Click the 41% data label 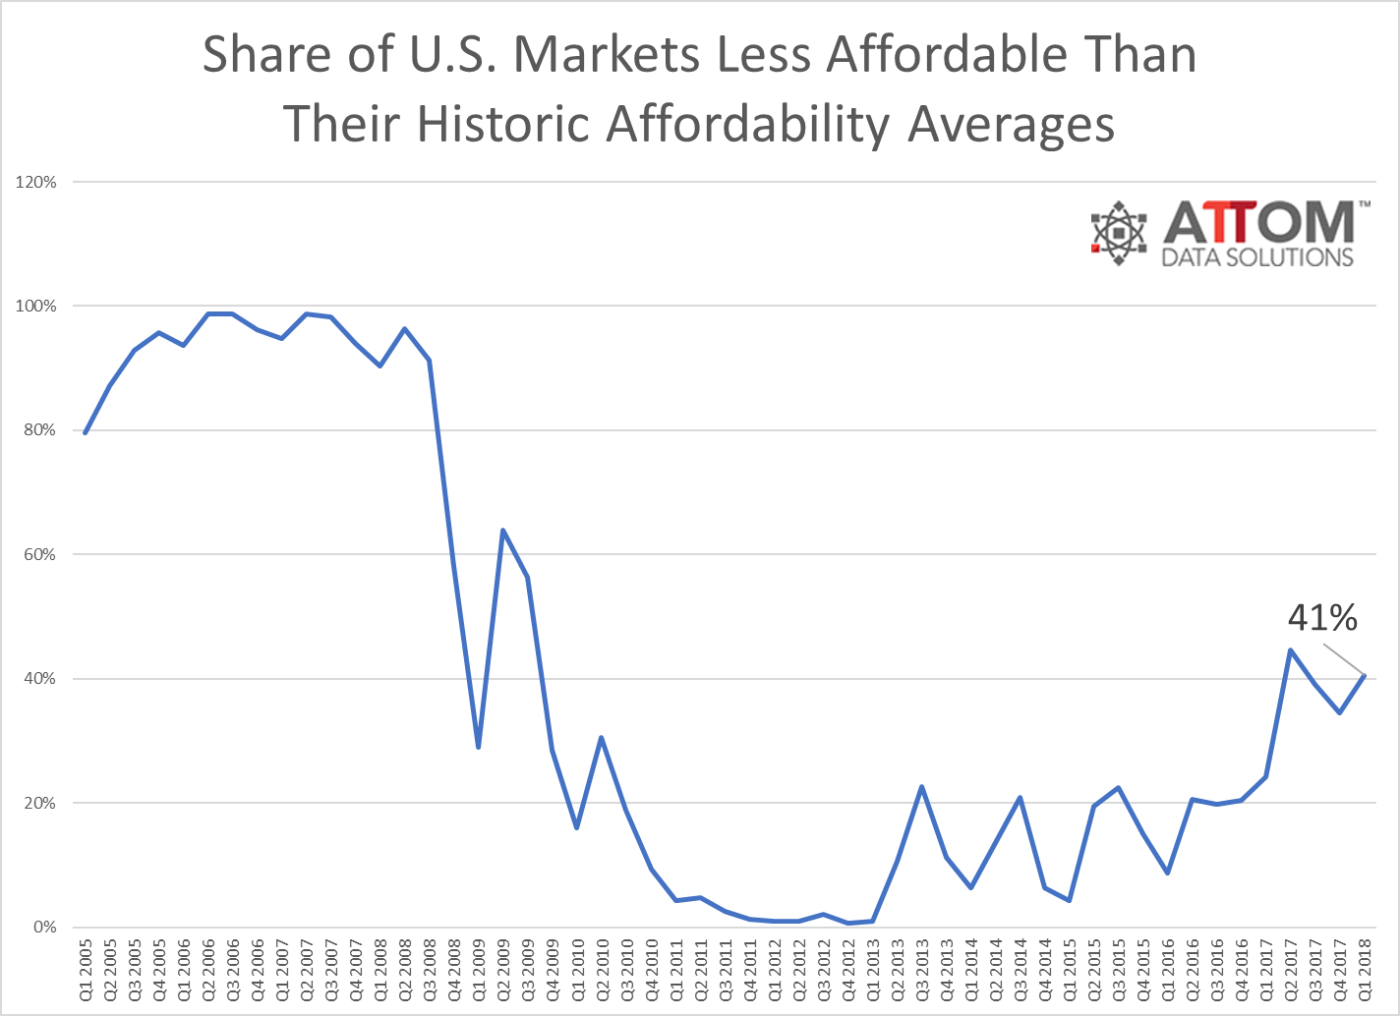pos(1322,618)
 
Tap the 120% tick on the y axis pos(36,183)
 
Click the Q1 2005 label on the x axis pos(86,971)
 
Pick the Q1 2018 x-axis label pos(1366,971)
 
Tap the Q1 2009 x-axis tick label pos(479,971)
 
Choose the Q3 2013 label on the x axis pos(922,971)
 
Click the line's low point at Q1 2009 pos(478,748)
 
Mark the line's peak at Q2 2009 pos(503,531)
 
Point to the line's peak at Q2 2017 pos(1290,650)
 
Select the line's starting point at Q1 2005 pos(86,433)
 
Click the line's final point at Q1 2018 pos(1365,675)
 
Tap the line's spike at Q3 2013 pos(921,787)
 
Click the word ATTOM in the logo pos(1259,223)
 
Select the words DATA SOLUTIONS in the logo pos(1257,257)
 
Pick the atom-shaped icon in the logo pos(1120,233)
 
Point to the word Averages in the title pos(1012,125)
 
